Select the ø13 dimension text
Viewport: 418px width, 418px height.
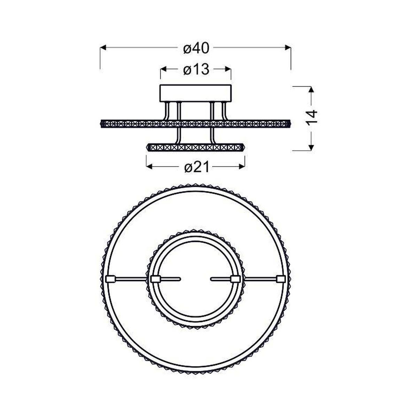click(x=196, y=69)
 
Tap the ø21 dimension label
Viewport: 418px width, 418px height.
click(x=197, y=167)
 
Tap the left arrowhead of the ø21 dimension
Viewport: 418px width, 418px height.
click(x=149, y=167)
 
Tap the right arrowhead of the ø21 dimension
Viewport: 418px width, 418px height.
click(x=242, y=167)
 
